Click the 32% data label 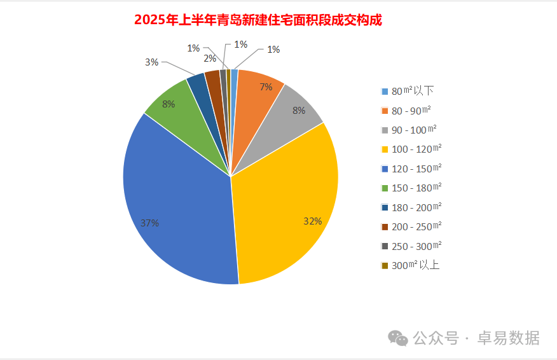(x=312, y=221)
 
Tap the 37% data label (x=149, y=223)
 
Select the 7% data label (x=265, y=87)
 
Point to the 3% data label (x=151, y=62)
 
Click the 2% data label (x=210, y=59)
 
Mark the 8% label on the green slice (x=168, y=104)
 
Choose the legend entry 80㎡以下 (x=413, y=91)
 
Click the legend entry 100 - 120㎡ (x=416, y=149)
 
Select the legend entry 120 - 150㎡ (x=416, y=169)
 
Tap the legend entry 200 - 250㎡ (x=416, y=226)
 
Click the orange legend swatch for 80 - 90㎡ (x=385, y=111)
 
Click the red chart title (x=258, y=20)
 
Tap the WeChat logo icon (x=399, y=338)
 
